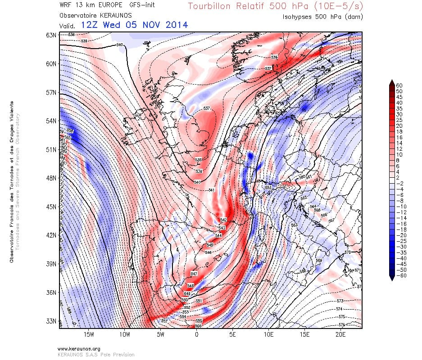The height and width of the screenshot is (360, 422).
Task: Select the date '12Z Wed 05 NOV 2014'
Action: [134, 25]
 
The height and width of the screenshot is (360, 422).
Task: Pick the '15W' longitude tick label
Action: [89, 335]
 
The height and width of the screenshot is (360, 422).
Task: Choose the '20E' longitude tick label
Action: [340, 335]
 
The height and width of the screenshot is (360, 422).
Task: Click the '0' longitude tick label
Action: [196, 335]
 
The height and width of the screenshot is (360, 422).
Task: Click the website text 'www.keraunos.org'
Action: [79, 349]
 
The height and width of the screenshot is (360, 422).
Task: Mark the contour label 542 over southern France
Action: [223, 220]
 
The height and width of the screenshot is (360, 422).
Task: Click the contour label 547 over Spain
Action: [194, 274]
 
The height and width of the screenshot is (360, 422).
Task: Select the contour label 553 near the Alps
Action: [268, 188]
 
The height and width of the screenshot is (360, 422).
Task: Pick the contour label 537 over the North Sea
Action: [207, 109]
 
